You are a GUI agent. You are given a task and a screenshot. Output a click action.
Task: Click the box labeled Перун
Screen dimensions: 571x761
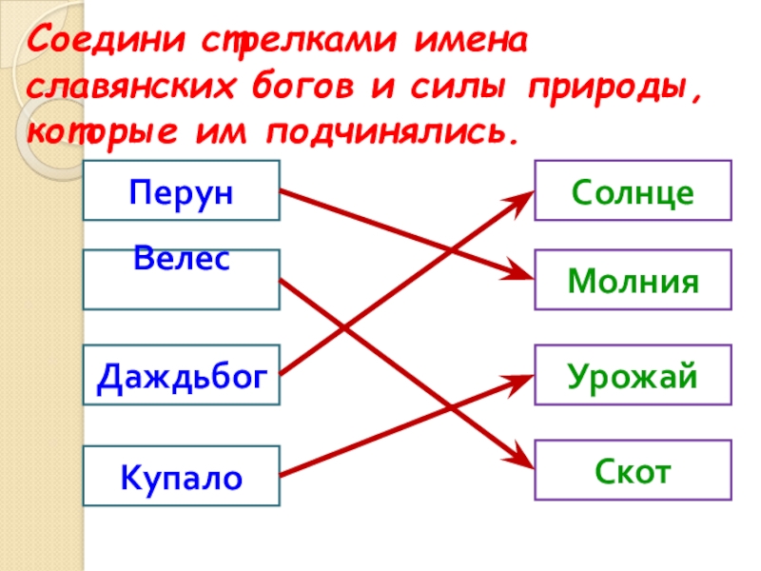click(181, 189)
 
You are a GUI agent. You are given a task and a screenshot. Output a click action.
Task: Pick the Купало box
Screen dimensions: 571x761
click(181, 475)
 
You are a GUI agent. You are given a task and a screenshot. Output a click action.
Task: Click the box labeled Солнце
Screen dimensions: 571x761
click(633, 189)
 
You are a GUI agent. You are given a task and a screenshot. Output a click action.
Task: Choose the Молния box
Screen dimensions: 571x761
click(633, 280)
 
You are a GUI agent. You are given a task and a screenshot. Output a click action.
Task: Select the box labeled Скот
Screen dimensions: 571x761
click(633, 469)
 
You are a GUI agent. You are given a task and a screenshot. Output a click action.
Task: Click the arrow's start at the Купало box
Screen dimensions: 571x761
click(283, 474)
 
